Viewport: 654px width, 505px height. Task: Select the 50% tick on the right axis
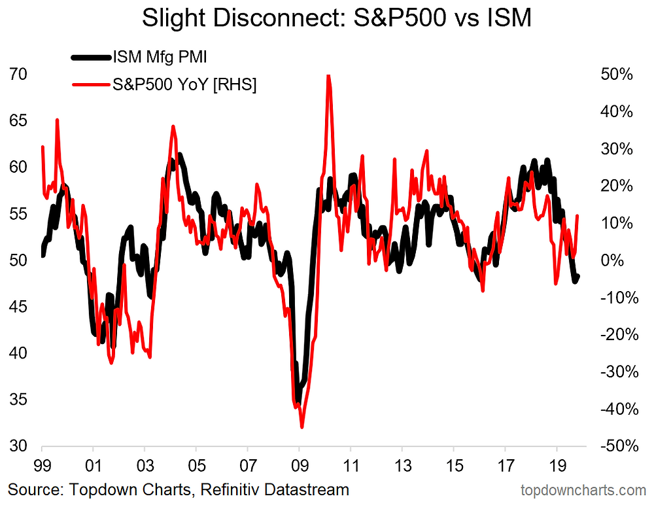[616, 75]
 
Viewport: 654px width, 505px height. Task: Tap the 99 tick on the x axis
[42, 468]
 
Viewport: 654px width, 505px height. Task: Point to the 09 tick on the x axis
[299, 468]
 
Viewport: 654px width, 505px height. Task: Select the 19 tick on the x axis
[557, 468]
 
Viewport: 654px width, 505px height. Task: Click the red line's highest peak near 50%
[328, 76]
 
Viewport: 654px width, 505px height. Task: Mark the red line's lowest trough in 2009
[302, 427]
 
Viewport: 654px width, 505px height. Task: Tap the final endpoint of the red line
[577, 215]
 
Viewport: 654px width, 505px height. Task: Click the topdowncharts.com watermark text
[583, 489]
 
